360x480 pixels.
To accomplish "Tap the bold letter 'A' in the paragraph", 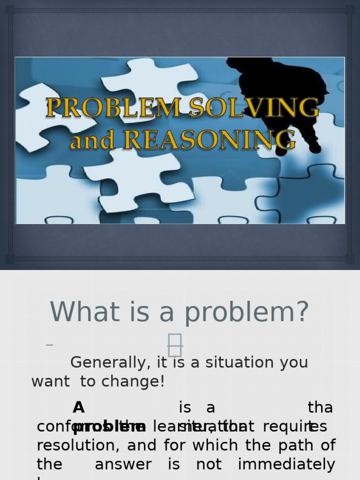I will pyautogui.click(x=79, y=407).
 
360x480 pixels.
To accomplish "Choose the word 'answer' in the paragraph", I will pyautogui.click(x=123, y=465).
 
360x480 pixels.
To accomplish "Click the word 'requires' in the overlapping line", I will pyautogui.click(x=295, y=427).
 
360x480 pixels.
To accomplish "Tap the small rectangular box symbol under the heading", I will pyautogui.click(x=175, y=345).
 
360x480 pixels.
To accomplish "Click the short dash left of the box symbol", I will pyautogui.click(x=50, y=345).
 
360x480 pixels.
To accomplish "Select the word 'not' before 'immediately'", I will pyautogui.click(x=209, y=465).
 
